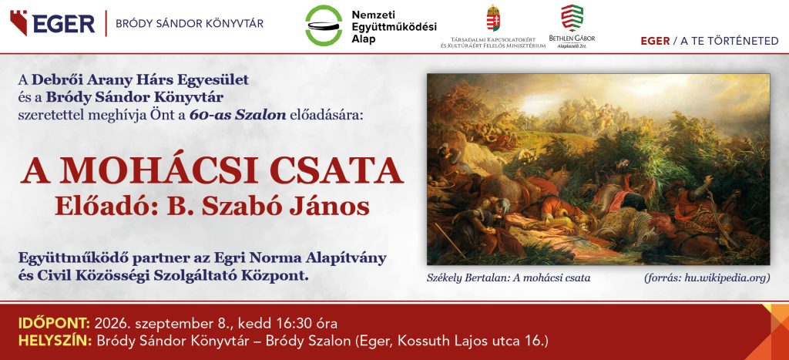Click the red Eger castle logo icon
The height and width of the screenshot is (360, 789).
[x=18, y=22]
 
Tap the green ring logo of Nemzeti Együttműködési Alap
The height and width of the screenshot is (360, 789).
[x=324, y=25]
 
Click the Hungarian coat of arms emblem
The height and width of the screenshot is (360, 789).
[x=493, y=19]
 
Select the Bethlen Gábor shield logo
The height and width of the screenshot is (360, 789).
[x=572, y=18]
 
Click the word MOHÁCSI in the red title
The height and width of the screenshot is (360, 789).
[x=163, y=171]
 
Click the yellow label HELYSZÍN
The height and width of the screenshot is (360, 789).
[x=55, y=341]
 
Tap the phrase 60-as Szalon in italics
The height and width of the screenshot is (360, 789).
[x=238, y=115]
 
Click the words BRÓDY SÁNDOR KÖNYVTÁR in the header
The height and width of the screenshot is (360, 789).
[x=190, y=24]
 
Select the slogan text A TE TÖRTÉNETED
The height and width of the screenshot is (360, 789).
[x=729, y=42]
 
